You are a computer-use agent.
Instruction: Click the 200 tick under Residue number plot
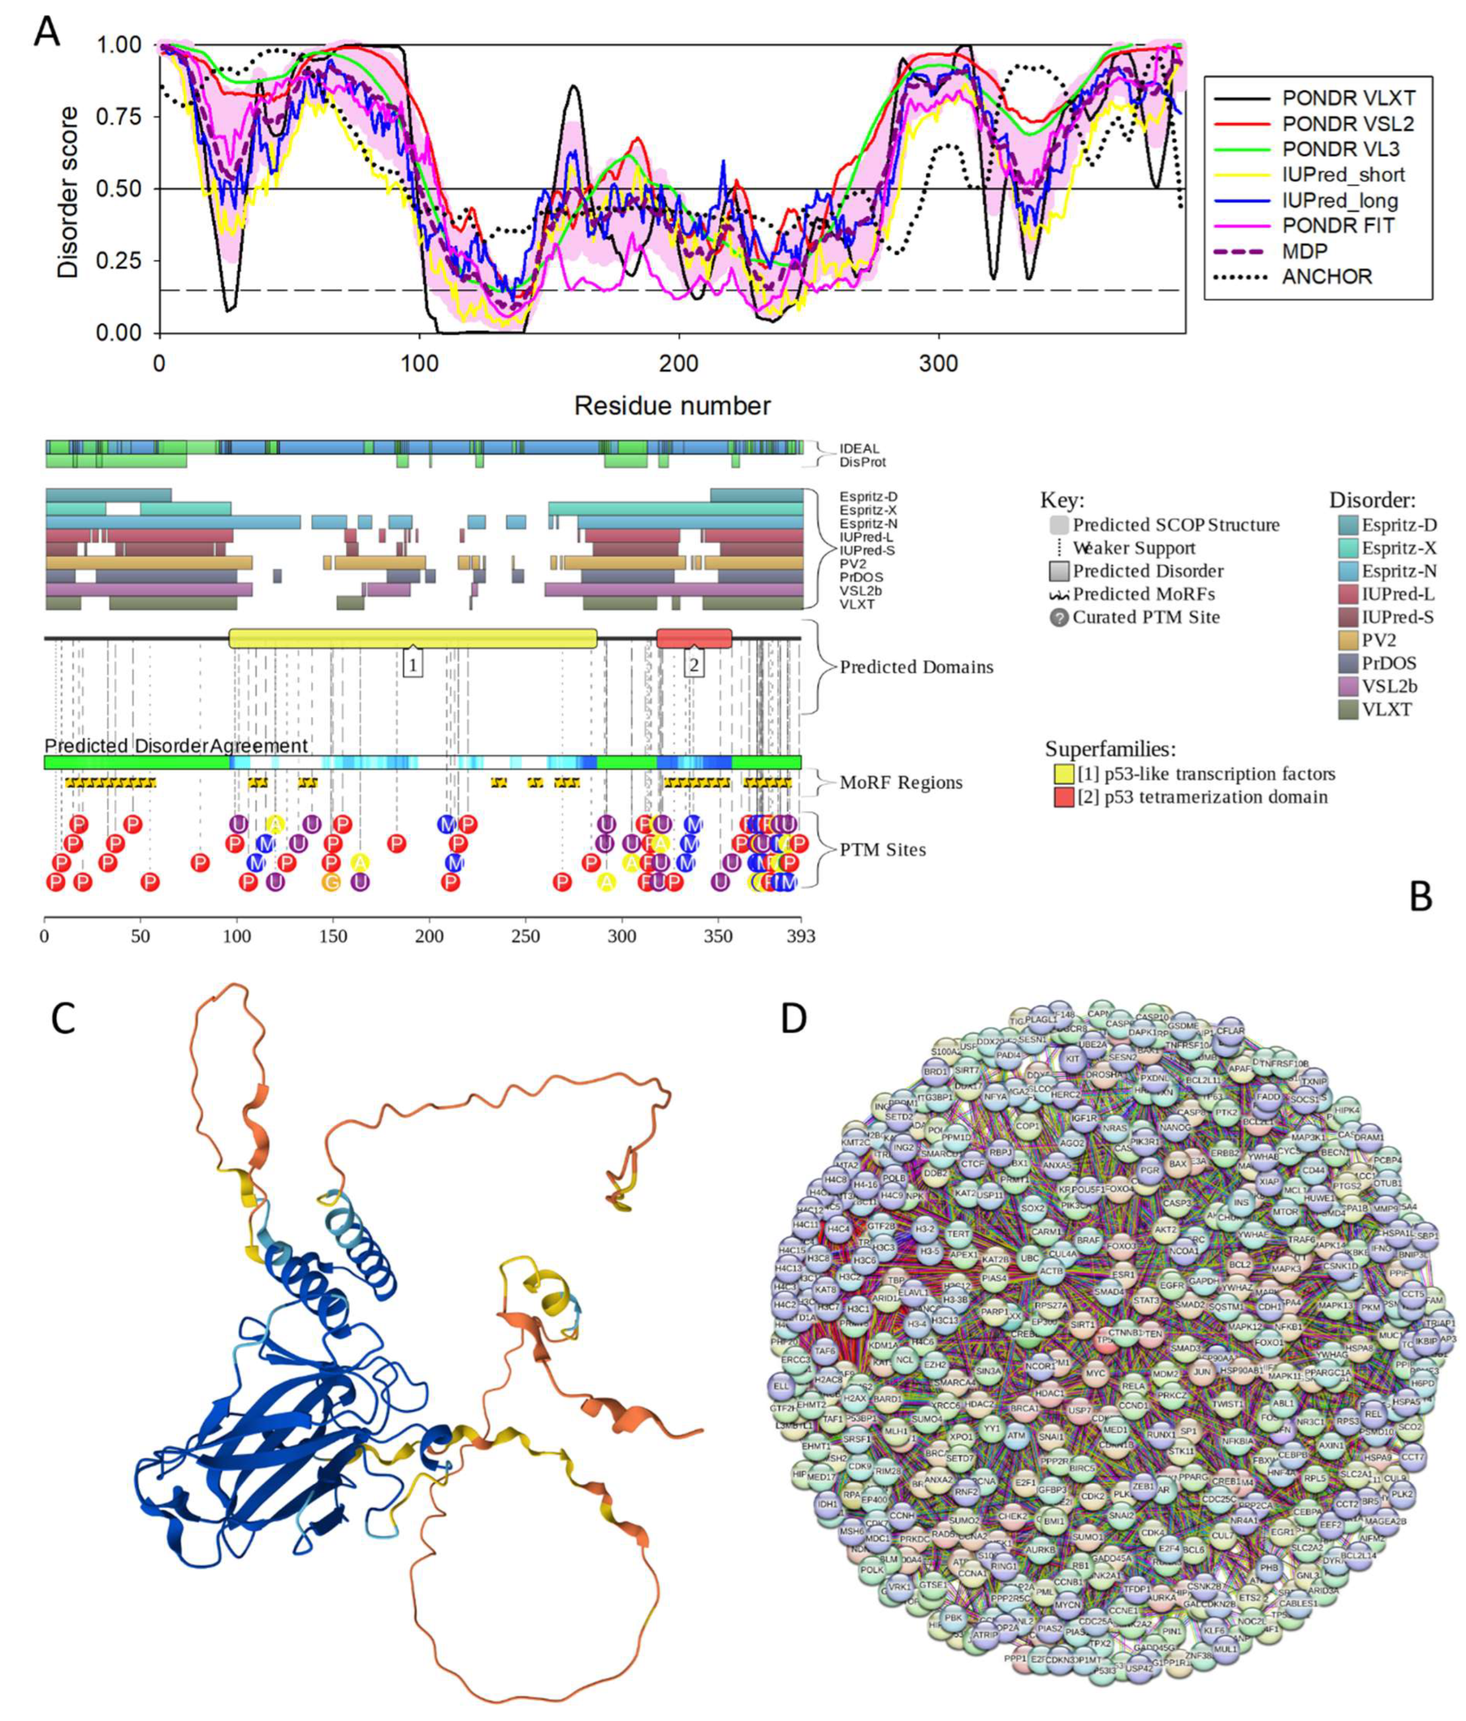[x=678, y=364]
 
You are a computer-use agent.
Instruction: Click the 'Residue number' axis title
[x=672, y=406]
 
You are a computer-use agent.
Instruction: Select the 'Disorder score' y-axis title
[x=68, y=191]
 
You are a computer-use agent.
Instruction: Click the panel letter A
[x=47, y=33]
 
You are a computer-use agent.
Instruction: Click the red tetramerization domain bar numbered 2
[x=694, y=638]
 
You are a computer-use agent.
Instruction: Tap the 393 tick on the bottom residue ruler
[x=800, y=937]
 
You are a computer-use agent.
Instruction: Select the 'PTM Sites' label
[x=883, y=849]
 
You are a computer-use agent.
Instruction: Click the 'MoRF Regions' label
[x=901, y=782]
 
